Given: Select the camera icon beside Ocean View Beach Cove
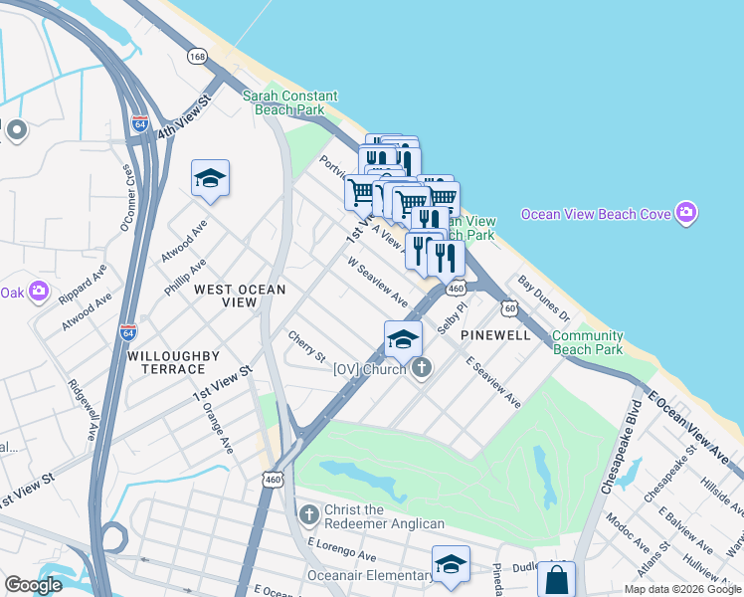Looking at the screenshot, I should coord(685,213).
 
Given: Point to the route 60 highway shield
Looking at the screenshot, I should coord(509,308).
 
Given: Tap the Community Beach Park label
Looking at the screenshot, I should coord(587,343).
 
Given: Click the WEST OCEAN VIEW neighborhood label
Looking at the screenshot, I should coord(240,296).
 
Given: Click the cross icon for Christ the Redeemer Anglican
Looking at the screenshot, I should coord(308,514).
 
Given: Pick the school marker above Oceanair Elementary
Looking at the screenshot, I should coord(451,564).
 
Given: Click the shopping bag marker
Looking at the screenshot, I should coord(556,579).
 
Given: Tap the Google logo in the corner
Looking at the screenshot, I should coord(34,584).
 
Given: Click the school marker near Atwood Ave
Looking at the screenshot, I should coord(210,179).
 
